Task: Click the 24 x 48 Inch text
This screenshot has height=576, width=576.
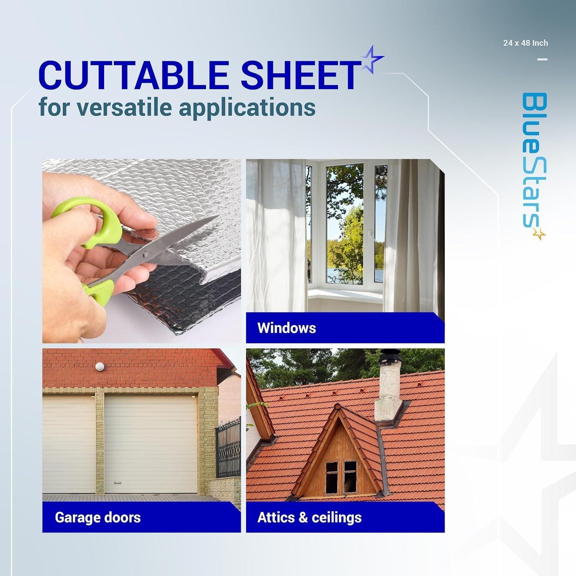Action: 525,43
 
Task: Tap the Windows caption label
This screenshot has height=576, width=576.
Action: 286,328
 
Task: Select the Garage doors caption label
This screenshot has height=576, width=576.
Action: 98,517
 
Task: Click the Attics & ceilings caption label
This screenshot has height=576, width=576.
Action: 310,517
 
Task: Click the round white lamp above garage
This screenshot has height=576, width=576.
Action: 100,367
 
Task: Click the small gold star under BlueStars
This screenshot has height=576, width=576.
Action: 540,233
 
